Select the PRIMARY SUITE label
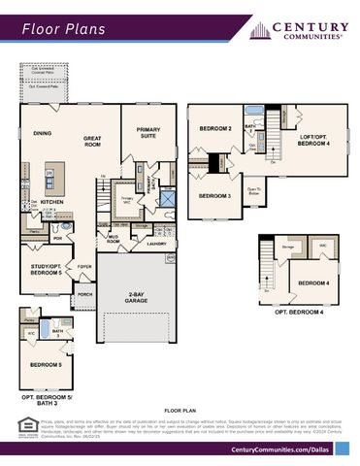point(148,135)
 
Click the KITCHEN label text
point(51,202)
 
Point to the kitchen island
point(54,176)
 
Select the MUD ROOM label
point(113,239)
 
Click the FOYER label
point(85,265)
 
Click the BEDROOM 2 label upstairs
point(215,129)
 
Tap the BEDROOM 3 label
point(213,195)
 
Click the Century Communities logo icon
point(259,31)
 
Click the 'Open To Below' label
point(254,190)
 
